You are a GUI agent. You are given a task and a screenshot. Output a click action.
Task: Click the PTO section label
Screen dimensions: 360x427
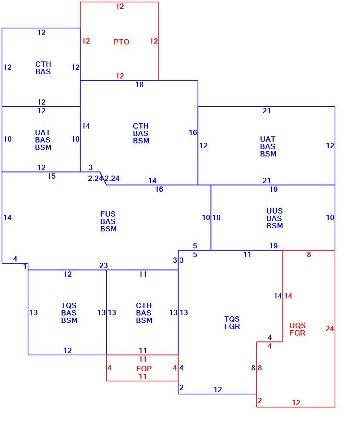[x=121, y=42]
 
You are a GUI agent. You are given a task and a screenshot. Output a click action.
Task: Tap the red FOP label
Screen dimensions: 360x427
[x=144, y=369]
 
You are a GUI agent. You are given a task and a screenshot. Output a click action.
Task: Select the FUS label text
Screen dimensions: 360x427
[x=108, y=214]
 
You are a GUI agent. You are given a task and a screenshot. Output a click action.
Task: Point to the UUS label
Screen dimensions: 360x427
[x=275, y=211]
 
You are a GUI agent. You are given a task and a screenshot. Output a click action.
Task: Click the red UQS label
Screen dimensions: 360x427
[x=297, y=326]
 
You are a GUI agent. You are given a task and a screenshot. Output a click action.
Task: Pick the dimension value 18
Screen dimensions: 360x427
[x=139, y=85]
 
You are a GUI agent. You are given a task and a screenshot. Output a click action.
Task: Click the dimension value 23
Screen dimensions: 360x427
[x=104, y=265]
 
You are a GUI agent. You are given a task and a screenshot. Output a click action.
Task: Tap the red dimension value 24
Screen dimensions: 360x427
[x=330, y=329]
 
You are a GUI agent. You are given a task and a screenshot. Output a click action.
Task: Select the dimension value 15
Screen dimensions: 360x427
[x=51, y=176]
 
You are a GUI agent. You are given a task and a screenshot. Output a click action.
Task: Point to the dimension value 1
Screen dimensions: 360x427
[x=25, y=267]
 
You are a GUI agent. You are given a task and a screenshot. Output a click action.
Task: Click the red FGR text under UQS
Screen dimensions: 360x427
[x=297, y=333]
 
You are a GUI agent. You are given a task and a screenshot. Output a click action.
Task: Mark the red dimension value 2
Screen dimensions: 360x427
[x=259, y=400]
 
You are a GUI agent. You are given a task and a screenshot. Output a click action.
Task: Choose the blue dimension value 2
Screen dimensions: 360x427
[x=182, y=387]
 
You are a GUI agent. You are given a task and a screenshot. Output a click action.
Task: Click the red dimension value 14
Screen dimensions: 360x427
[x=288, y=296]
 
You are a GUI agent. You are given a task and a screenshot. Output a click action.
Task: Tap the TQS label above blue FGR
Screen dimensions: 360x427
[x=232, y=319]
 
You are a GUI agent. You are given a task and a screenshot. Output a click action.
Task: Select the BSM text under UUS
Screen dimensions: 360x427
[x=275, y=226]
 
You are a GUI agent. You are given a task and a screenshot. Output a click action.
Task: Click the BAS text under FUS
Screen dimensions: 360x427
[x=108, y=221]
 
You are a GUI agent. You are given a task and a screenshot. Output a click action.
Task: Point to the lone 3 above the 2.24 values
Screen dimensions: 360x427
[x=91, y=167]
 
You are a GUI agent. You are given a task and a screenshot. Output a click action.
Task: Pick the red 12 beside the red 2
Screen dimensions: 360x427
[x=296, y=403]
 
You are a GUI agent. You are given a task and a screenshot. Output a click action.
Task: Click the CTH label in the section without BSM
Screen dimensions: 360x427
[x=43, y=64]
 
